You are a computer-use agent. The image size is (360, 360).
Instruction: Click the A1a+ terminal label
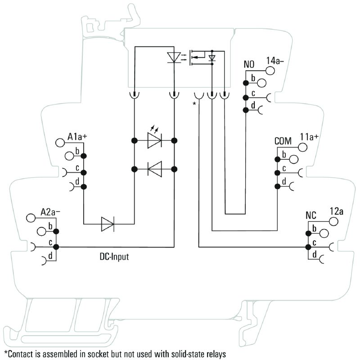click(x=77, y=137)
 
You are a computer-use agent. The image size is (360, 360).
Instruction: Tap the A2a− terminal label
click(x=50, y=212)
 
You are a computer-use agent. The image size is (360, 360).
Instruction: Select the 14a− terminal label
click(x=275, y=60)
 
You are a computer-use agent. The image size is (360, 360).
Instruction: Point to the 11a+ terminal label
click(x=310, y=137)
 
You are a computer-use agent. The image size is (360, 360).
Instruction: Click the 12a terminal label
click(x=337, y=211)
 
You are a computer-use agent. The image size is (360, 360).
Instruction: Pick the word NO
click(x=249, y=64)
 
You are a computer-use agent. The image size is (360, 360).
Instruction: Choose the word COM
click(x=283, y=141)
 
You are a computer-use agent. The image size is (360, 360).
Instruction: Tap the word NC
click(x=311, y=216)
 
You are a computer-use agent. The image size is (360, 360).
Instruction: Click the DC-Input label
click(x=114, y=256)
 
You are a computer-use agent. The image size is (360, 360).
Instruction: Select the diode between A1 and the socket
click(x=108, y=224)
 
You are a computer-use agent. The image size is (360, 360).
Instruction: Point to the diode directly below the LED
click(x=155, y=169)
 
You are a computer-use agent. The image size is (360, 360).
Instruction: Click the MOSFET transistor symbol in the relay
click(x=197, y=58)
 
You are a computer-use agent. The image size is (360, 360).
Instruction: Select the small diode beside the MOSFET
click(x=212, y=58)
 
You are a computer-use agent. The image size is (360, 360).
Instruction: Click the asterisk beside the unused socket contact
click(x=194, y=103)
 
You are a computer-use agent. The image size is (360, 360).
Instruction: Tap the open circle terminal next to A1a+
click(x=60, y=143)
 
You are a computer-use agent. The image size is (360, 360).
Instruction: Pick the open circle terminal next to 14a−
click(x=270, y=71)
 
